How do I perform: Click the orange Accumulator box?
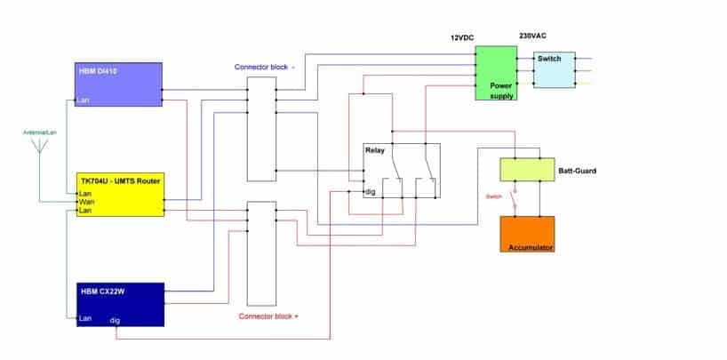click(527, 234)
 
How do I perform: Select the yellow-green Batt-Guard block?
click(527, 169)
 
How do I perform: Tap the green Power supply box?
click(496, 73)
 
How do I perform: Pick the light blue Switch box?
click(555, 69)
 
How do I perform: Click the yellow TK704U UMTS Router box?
click(120, 195)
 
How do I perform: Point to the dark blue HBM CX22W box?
click(120, 304)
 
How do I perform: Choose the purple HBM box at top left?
click(119, 84)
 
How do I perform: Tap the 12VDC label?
click(462, 38)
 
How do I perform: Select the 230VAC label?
click(532, 36)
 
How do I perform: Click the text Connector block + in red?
click(268, 316)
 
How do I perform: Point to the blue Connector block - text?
click(264, 67)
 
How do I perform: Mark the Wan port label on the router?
click(87, 202)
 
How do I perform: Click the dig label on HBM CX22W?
click(115, 320)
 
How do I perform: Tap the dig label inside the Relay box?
click(370, 192)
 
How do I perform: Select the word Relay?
click(375, 150)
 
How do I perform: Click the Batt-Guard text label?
click(577, 171)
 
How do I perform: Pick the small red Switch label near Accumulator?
click(494, 196)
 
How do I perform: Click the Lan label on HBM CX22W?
click(84, 318)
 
